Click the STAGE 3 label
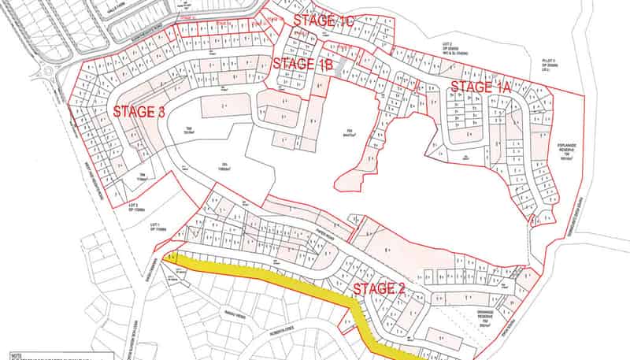click(139, 112)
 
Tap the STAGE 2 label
click(378, 288)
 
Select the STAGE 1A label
click(480, 87)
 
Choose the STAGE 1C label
click(324, 20)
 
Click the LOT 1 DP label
click(155, 228)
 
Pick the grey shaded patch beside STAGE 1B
click(339, 69)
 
